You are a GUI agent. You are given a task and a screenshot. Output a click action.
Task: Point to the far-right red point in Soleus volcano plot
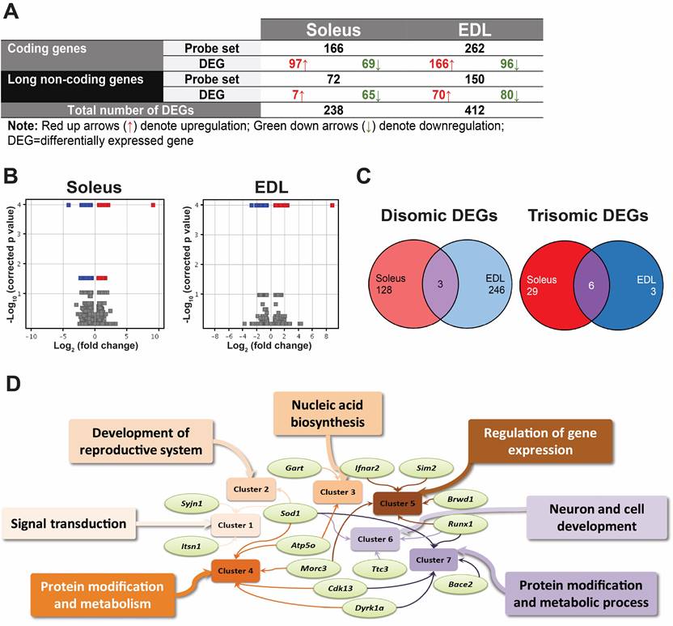click(x=153, y=206)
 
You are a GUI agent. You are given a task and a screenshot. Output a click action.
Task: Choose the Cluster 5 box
click(x=396, y=502)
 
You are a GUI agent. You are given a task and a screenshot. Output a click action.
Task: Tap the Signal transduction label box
click(x=69, y=524)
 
